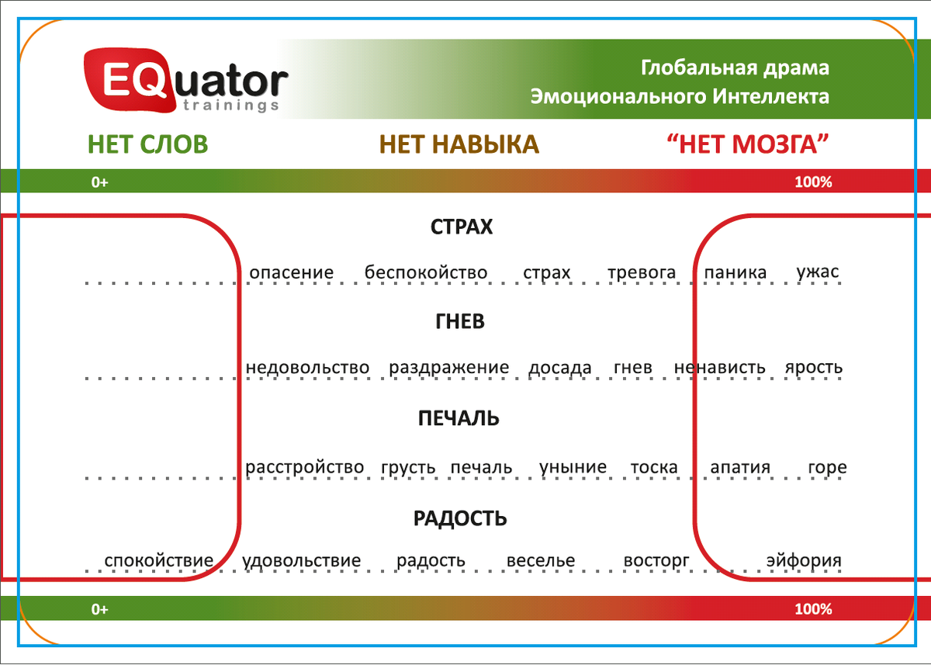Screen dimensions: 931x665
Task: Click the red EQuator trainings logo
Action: tap(185, 81)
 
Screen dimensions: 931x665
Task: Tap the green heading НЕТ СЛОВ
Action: tap(147, 144)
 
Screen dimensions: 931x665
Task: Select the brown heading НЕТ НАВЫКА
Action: tap(459, 144)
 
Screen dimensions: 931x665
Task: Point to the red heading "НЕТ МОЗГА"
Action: tap(748, 144)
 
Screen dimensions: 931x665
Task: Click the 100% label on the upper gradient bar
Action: tap(813, 182)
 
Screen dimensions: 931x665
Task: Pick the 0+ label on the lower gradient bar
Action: tap(100, 609)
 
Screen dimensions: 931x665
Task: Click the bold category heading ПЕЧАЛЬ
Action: tap(459, 418)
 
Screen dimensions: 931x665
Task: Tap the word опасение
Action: tap(292, 272)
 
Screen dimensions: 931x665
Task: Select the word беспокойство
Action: tap(426, 272)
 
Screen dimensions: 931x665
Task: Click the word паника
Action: tap(735, 272)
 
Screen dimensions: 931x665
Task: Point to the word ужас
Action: tap(818, 272)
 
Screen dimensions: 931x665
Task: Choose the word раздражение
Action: tap(449, 368)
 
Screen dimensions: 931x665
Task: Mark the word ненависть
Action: tap(719, 367)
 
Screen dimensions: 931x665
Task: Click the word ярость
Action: tap(814, 368)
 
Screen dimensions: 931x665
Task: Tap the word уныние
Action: tap(573, 467)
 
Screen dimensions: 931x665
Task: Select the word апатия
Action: tap(740, 467)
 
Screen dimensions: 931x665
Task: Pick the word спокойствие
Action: tap(159, 561)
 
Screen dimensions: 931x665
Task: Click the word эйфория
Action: tap(804, 560)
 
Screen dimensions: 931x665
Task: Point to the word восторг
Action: tap(656, 561)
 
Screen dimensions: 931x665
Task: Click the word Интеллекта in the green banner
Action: tap(770, 96)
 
